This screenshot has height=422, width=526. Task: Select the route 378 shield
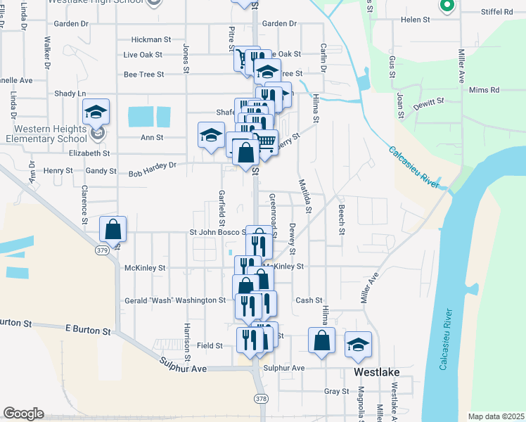click(262, 399)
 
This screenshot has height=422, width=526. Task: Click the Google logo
click(23, 414)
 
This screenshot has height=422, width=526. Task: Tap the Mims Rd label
click(483, 90)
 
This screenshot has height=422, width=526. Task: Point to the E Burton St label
click(88, 330)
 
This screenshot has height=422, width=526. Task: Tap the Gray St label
click(337, 391)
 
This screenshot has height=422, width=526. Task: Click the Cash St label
click(309, 300)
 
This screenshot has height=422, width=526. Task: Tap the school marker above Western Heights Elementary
click(96, 112)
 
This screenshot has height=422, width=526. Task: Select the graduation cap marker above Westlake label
click(359, 345)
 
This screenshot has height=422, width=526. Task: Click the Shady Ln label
click(70, 94)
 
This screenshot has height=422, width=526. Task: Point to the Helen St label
click(414, 20)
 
